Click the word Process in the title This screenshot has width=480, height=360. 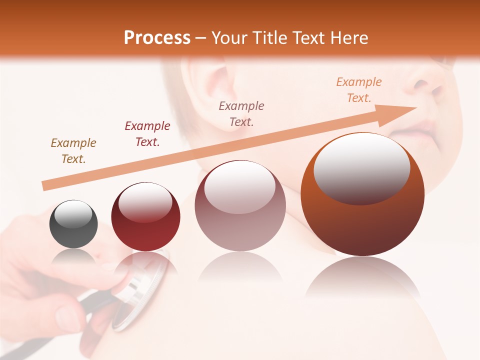[x=157, y=38]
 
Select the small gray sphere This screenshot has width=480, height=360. [x=73, y=224]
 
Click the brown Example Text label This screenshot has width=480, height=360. [x=73, y=150]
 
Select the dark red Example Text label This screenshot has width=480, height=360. [x=147, y=133]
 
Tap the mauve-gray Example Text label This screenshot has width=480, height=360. [x=241, y=113]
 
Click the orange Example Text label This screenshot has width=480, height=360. [x=359, y=89]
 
